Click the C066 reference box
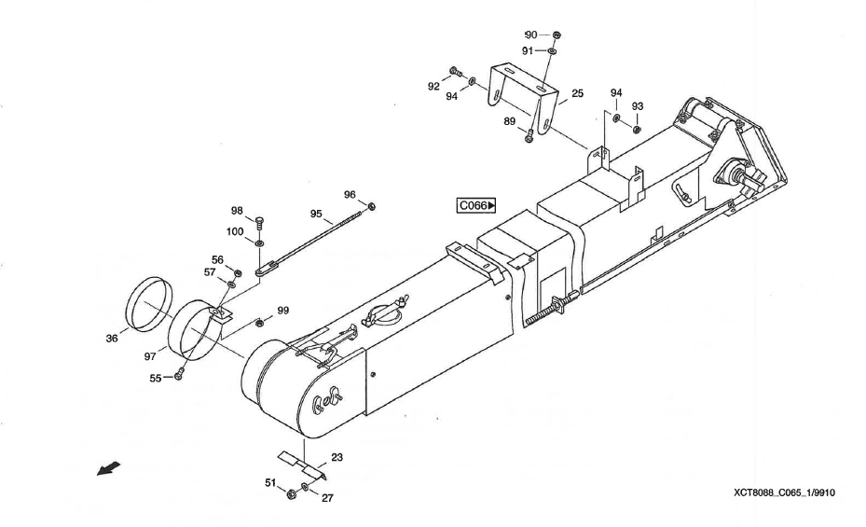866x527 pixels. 476,206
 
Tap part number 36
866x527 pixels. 112,339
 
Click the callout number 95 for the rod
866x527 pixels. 316,215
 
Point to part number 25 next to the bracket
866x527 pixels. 578,94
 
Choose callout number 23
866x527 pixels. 337,458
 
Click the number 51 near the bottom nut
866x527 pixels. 271,483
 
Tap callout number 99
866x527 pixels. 282,311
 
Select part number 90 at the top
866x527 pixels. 531,35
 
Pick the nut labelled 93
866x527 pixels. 637,128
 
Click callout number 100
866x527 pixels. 236,231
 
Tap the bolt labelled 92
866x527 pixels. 454,71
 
